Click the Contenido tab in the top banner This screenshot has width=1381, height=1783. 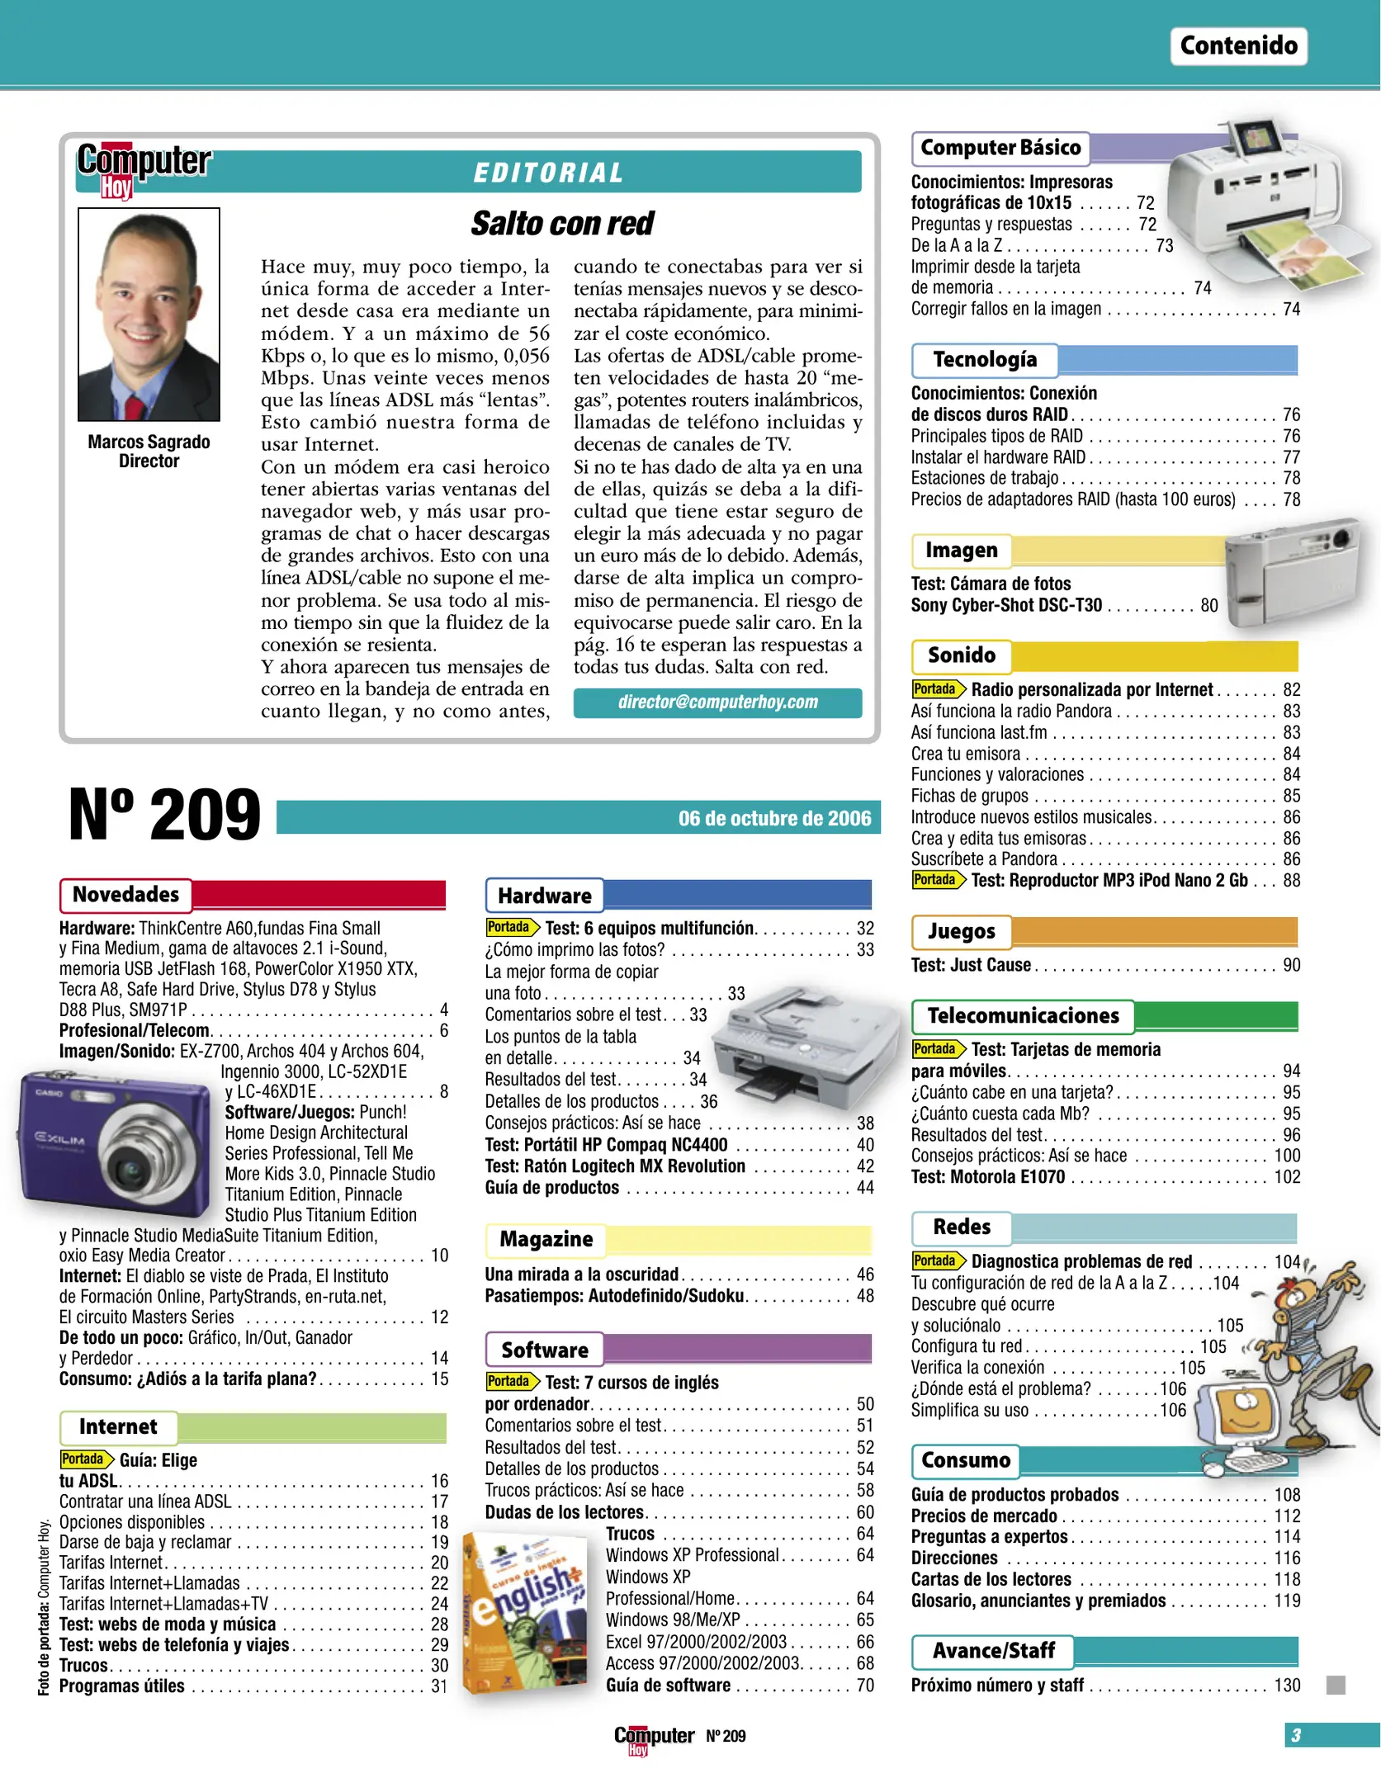[x=1237, y=45]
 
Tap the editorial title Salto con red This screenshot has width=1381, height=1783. [x=562, y=223]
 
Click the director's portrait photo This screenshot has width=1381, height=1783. [x=149, y=315]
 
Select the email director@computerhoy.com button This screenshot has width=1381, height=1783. [x=717, y=702]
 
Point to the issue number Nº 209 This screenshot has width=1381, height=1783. [x=164, y=815]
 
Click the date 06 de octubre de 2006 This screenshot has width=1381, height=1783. [x=773, y=818]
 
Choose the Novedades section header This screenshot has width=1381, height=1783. [x=125, y=895]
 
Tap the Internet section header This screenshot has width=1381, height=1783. [x=118, y=1427]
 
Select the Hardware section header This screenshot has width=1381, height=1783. [x=545, y=896]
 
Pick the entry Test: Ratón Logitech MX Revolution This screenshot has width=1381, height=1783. [x=615, y=1166]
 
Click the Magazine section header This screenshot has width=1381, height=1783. [x=546, y=1240]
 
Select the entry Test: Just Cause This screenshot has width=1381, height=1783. [x=971, y=965]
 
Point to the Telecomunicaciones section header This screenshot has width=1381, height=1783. [x=1023, y=1016]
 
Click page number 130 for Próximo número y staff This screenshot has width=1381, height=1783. [x=1287, y=1686]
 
